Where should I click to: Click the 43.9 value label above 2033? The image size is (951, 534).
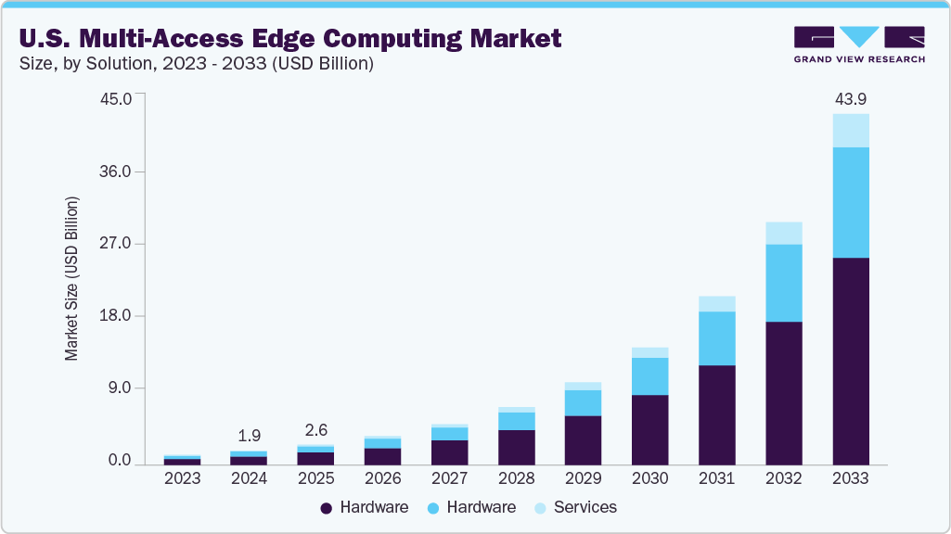[x=850, y=99]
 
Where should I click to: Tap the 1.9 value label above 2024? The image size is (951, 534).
[x=249, y=435]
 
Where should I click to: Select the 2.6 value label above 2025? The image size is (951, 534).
[x=315, y=430]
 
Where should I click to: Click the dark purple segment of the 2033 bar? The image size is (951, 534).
[x=850, y=361]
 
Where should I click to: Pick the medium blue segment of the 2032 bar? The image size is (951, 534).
[x=783, y=283]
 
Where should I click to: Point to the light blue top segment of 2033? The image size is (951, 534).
[x=850, y=131]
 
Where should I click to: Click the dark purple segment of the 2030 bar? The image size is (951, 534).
[x=649, y=429]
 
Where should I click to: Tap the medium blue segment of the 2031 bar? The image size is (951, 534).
[x=716, y=338]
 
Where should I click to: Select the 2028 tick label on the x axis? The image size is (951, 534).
[x=516, y=479]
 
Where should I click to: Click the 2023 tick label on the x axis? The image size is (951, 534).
[x=182, y=479]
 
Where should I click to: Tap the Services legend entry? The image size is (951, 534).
[x=585, y=507]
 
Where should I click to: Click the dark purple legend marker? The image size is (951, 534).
[x=326, y=508]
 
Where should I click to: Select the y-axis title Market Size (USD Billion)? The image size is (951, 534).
[x=71, y=278]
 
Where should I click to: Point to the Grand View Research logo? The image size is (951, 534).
[x=858, y=44]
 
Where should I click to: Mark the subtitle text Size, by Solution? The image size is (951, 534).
[x=102, y=64]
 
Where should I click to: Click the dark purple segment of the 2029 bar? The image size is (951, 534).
[x=583, y=439]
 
